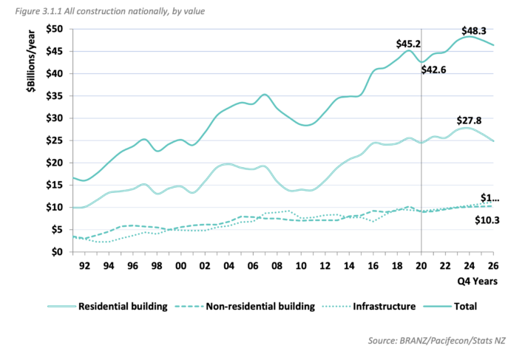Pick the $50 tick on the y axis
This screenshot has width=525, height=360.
tap(55, 29)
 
